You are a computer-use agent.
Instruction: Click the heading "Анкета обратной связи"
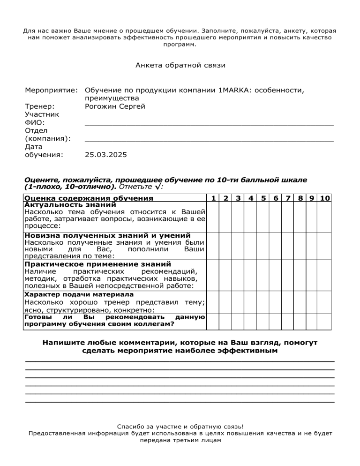180,66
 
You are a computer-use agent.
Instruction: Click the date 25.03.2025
106,154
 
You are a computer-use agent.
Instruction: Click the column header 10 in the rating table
325,198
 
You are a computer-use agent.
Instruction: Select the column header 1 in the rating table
213,198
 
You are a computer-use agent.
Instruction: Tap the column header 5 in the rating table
264,198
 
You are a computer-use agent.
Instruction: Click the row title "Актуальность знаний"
70,205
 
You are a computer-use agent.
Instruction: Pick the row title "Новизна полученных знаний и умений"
107,235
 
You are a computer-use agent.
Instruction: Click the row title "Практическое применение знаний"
97,264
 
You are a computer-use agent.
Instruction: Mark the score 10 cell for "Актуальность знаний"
325,217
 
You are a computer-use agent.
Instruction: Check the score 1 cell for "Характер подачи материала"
213,302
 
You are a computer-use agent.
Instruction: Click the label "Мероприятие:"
51,90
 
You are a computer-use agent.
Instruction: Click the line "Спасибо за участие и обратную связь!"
180,427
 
